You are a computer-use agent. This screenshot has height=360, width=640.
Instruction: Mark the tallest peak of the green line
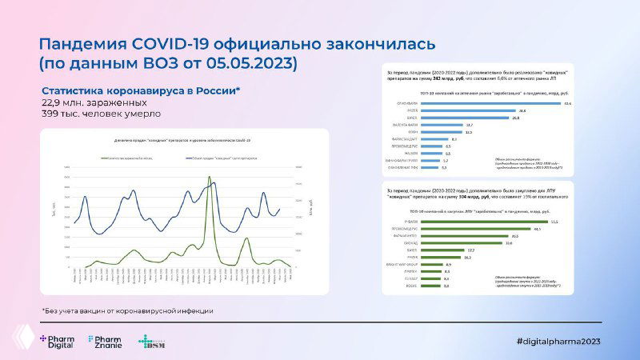[210, 178]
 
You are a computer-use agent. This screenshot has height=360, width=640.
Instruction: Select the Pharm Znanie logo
[105, 342]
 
